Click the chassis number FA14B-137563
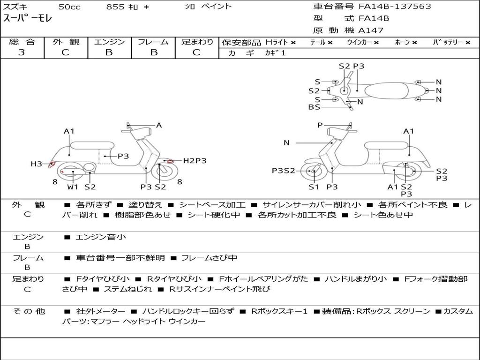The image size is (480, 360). tap(395, 7)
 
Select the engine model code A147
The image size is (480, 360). tap(371, 30)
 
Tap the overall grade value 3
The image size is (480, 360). tap(22, 52)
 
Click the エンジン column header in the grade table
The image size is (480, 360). tap(109, 42)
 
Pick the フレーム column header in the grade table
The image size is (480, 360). tap(153, 42)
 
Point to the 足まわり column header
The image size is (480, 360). tap(197, 42)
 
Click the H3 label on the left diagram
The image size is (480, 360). tap(36, 164)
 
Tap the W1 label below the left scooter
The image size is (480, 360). tap(73, 187)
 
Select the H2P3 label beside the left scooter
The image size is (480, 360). tap(195, 161)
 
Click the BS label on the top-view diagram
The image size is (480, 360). tap(314, 107)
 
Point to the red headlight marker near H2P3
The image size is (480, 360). tap(171, 161)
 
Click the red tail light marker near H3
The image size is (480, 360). tap(52, 164)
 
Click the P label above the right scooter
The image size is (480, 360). tap(320, 125)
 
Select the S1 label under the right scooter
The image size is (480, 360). tap(314, 187)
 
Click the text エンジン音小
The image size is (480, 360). tap(101, 237)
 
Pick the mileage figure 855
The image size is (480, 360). tap(115, 7)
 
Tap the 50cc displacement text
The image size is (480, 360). tap(69, 7)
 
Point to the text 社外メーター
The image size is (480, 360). tap(100, 311)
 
